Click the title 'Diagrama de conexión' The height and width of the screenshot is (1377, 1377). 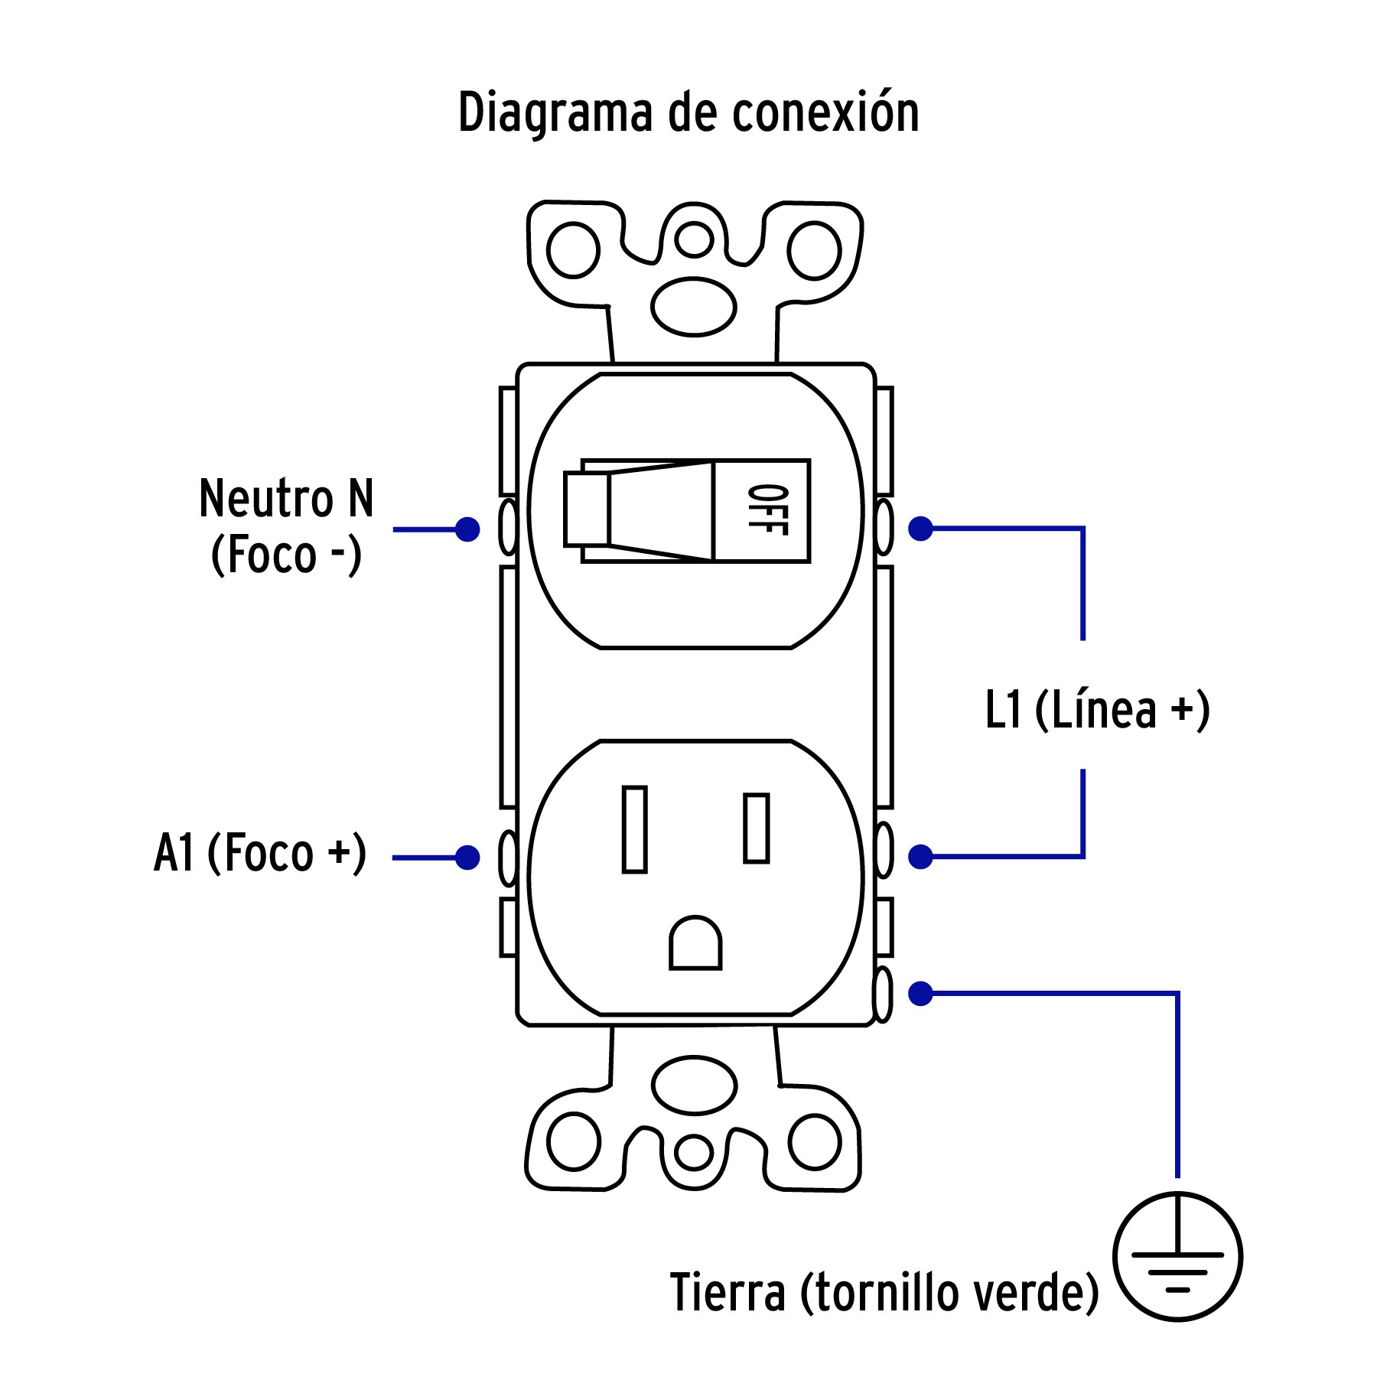(688, 113)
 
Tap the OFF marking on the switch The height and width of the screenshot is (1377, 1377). (767, 510)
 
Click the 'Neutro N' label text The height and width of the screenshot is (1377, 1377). (286, 499)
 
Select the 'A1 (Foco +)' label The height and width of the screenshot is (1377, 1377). (260, 853)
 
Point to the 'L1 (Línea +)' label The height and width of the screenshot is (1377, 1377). (1097, 710)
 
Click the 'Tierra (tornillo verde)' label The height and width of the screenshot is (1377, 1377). (884, 1292)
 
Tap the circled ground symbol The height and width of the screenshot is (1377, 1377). (1177, 1255)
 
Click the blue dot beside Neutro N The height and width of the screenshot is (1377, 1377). (467, 529)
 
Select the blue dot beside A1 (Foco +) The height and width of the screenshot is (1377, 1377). (467, 857)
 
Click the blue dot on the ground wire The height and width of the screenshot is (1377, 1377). (920, 994)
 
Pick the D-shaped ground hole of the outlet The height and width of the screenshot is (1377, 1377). (695, 943)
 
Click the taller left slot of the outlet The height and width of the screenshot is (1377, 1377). (634, 829)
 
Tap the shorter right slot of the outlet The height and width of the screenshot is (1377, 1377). (756, 828)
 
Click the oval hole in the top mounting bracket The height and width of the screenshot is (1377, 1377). (693, 307)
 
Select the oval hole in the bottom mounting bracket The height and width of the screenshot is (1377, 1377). (694, 1085)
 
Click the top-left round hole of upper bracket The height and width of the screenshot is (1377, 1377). (573, 249)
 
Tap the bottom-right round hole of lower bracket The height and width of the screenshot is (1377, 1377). (815, 1142)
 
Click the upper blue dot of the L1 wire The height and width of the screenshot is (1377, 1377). (920, 528)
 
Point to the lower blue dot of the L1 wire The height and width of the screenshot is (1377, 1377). (920, 857)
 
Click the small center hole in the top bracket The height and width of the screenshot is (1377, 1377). (694, 239)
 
